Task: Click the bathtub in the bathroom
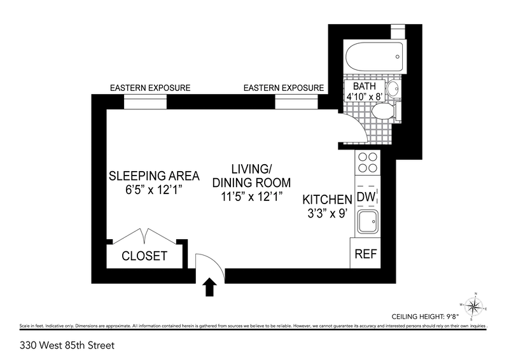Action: click(375, 57)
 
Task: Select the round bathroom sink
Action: click(393, 88)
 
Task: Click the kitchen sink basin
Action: click(368, 222)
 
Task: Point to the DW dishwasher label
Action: click(366, 197)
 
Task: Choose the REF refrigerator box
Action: click(365, 253)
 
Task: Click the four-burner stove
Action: click(368, 162)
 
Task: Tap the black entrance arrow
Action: click(210, 287)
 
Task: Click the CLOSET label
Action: click(144, 256)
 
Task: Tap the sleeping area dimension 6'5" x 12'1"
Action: click(153, 190)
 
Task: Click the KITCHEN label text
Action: click(327, 200)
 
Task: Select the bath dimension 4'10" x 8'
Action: click(364, 97)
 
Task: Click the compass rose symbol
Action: click(473, 306)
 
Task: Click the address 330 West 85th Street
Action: click(67, 345)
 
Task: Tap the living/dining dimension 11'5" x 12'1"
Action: click(251, 197)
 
